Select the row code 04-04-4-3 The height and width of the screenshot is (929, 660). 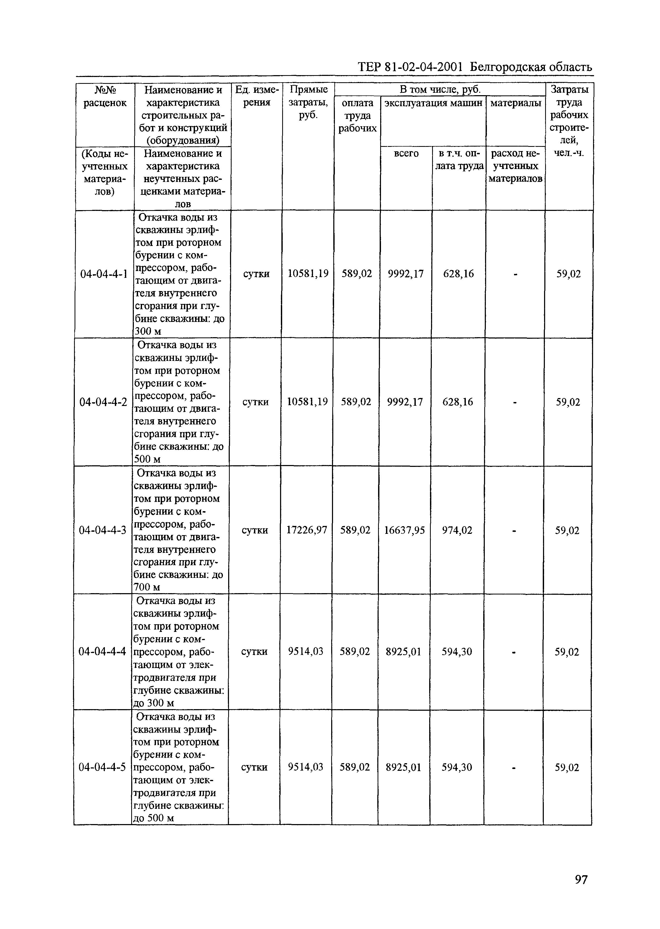103,530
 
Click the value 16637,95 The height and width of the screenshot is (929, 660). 404,530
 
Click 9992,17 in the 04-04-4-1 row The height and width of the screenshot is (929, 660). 405,274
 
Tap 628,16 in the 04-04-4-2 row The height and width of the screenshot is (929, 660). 458,402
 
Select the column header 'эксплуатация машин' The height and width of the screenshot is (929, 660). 433,103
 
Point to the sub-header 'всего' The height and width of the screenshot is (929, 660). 406,153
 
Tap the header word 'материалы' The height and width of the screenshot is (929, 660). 516,103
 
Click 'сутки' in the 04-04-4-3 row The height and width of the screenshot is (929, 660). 255,530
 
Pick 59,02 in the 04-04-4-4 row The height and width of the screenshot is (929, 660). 567,652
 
